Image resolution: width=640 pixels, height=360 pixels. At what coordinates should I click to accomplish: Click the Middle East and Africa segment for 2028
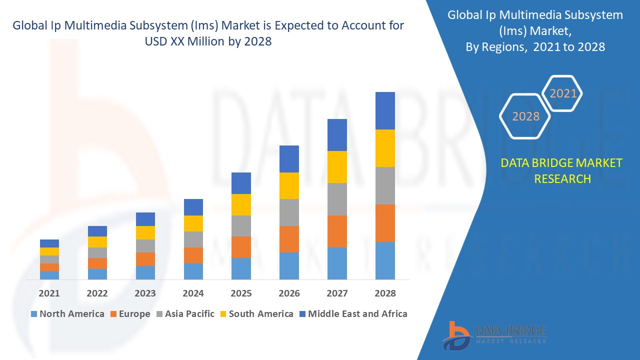coord(385,110)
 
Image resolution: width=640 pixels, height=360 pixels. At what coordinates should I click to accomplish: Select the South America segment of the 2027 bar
coord(337,167)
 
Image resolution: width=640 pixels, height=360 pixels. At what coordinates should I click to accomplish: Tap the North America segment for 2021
coord(49,275)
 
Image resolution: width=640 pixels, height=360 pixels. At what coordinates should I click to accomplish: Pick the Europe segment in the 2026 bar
coord(289,239)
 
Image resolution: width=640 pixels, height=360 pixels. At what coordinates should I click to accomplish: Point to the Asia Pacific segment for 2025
coord(241,226)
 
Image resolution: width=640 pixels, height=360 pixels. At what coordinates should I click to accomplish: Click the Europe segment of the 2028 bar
coord(385,223)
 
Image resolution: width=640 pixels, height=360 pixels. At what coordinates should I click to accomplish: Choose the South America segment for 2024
coord(193,223)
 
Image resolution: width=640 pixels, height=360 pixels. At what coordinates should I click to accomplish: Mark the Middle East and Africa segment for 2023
coord(145,219)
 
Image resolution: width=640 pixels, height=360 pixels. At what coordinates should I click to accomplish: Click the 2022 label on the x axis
coord(97,293)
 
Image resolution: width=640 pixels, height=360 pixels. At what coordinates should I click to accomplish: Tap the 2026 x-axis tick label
coord(289,293)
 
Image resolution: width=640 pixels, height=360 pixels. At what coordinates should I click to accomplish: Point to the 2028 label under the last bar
coord(385,293)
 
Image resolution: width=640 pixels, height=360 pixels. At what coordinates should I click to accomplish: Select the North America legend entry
coord(67,314)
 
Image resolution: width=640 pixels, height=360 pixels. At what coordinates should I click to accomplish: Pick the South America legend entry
coord(255,314)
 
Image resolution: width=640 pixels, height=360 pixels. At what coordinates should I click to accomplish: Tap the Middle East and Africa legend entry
coord(352,314)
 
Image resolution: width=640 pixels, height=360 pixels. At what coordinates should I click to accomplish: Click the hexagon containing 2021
coord(562,93)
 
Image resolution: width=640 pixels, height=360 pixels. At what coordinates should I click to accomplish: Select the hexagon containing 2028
coord(525,116)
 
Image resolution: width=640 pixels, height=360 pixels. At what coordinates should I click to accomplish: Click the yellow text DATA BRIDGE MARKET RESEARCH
coord(562,170)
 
